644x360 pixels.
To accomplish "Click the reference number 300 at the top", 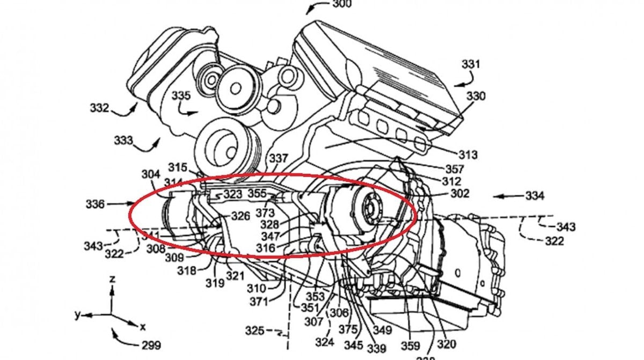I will click(x=342, y=4).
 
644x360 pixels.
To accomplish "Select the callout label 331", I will click(x=471, y=64).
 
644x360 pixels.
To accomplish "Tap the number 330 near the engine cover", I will click(x=475, y=97).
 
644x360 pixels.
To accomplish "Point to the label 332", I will click(x=99, y=108).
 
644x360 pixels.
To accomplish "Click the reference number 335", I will click(x=181, y=95).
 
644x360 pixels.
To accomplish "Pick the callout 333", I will click(x=123, y=141).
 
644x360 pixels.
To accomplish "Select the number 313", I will click(x=467, y=155).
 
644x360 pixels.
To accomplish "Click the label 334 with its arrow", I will click(x=534, y=196).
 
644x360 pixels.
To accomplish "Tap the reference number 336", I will click(x=95, y=204).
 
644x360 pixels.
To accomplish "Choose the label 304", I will click(x=151, y=174).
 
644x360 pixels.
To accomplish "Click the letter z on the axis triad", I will click(x=112, y=280).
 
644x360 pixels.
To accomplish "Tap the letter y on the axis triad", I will click(x=77, y=315).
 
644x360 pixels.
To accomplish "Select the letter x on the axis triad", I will click(x=143, y=326).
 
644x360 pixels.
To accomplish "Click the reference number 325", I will click(x=254, y=330).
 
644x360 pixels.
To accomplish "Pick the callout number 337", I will click(x=279, y=159).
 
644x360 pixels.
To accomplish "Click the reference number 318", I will click(x=187, y=271).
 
